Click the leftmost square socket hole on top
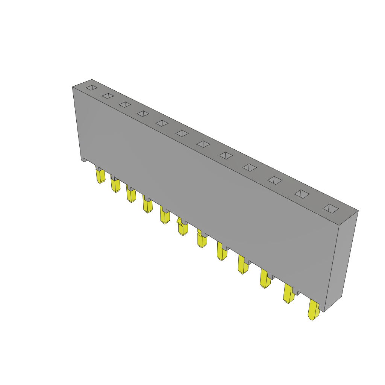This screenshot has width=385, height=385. pyautogui.click(x=91, y=88)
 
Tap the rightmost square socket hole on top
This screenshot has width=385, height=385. pyautogui.click(x=330, y=209)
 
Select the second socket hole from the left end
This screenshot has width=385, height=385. pyautogui.click(x=108, y=96)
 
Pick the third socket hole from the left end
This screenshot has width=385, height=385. pyautogui.click(x=125, y=105)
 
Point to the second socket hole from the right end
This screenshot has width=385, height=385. pyautogui.click(x=302, y=194)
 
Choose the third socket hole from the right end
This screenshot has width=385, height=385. pyautogui.click(x=275, y=180)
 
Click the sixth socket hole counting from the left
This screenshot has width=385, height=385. pyautogui.click(x=182, y=133)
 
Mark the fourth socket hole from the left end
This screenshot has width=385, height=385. pyautogui.click(x=143, y=114)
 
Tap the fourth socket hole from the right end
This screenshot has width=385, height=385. pyautogui.click(x=250, y=167)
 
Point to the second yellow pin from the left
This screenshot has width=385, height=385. pyautogui.click(x=115, y=185)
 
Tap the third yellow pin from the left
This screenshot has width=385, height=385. pyautogui.click(x=131, y=195)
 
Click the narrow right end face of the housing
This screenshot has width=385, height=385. pyautogui.click(x=341, y=259)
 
